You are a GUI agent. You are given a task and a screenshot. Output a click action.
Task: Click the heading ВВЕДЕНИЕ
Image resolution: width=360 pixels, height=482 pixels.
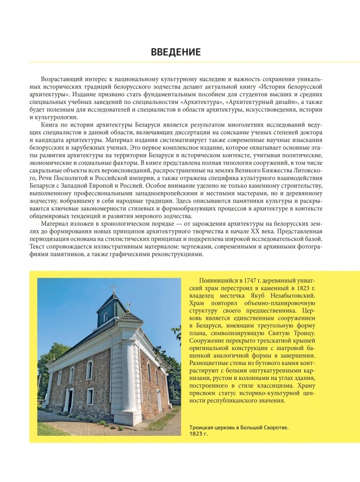tap(175, 52)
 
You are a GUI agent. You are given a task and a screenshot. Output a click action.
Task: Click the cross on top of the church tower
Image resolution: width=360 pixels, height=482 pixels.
tap(114, 288)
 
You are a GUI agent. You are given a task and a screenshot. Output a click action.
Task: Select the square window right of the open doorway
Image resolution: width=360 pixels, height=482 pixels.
tap(90, 396)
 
